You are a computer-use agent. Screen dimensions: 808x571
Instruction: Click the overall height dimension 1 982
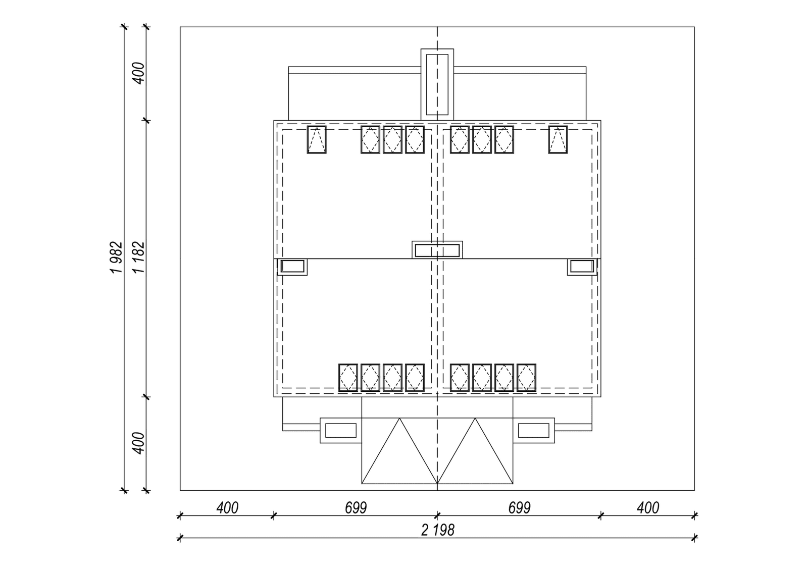(x=117, y=257)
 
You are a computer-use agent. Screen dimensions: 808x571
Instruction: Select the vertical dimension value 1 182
(x=138, y=257)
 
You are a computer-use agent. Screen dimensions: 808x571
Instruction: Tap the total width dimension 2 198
(x=437, y=530)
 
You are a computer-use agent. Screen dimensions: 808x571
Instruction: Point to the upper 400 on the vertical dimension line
(x=138, y=73)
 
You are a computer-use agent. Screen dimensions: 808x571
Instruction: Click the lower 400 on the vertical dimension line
(x=138, y=443)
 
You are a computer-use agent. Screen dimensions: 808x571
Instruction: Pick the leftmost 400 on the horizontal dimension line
(x=227, y=508)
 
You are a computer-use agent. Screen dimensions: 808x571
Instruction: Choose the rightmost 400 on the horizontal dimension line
(x=648, y=508)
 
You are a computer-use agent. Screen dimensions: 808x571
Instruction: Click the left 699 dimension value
(x=356, y=508)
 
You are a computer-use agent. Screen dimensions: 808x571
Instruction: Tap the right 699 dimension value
(x=520, y=508)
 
